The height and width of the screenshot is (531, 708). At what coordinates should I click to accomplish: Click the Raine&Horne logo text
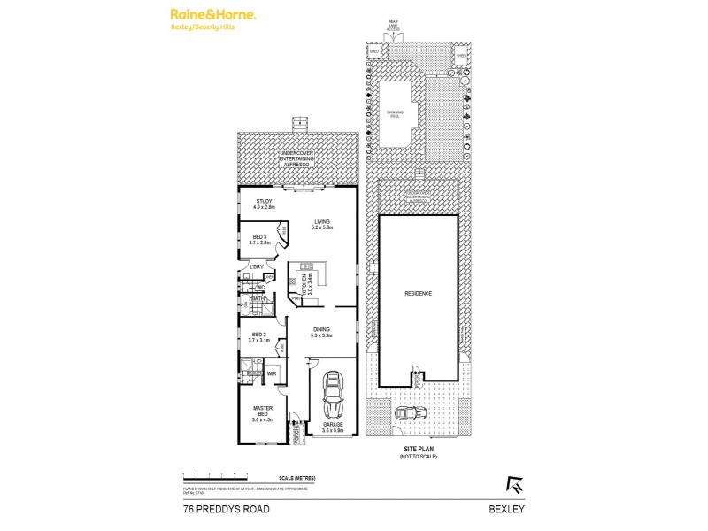click(x=213, y=15)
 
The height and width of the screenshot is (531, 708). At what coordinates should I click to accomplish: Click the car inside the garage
click(x=334, y=396)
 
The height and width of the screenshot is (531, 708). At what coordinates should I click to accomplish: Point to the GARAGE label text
click(x=334, y=427)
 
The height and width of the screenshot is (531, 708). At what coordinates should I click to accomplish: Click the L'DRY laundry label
click(x=258, y=266)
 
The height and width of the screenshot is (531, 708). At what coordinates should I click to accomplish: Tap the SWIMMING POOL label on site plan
click(x=395, y=114)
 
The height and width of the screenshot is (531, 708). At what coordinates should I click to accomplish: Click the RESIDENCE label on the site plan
click(x=419, y=293)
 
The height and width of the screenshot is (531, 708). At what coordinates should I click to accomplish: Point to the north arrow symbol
click(x=512, y=483)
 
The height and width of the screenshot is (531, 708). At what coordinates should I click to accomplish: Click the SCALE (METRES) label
click(x=296, y=478)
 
